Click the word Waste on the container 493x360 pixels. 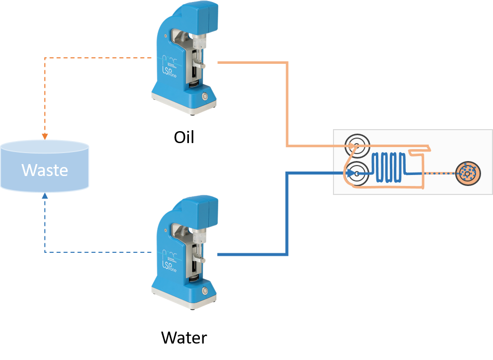pos(44,170)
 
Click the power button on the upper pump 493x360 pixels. pos(204,95)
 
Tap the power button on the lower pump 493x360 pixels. pos(204,291)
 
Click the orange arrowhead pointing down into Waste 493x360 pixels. pos(45,136)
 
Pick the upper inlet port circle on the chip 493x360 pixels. pos(357,146)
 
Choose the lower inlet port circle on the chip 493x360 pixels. pos(357,173)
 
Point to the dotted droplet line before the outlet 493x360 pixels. pos(439,174)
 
